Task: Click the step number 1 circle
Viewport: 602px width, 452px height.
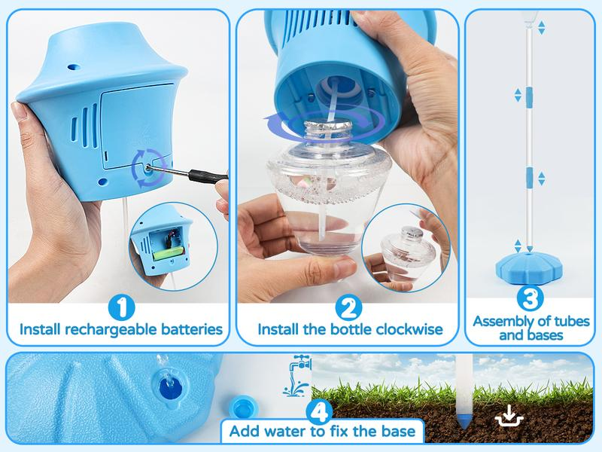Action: (121, 307)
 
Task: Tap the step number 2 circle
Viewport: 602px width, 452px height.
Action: (348, 307)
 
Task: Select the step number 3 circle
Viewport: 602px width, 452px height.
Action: (531, 298)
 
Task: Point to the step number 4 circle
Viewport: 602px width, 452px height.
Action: (319, 412)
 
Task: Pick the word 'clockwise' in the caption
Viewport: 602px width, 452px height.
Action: (409, 329)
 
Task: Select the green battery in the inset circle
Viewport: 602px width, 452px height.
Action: (169, 254)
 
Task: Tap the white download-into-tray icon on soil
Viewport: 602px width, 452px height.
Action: (509, 416)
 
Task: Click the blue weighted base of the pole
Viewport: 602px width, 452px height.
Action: (530, 268)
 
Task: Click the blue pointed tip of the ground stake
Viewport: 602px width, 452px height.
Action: (464, 422)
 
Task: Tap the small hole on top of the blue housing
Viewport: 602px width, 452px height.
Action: (73, 66)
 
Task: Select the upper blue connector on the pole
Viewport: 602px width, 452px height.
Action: (530, 97)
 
